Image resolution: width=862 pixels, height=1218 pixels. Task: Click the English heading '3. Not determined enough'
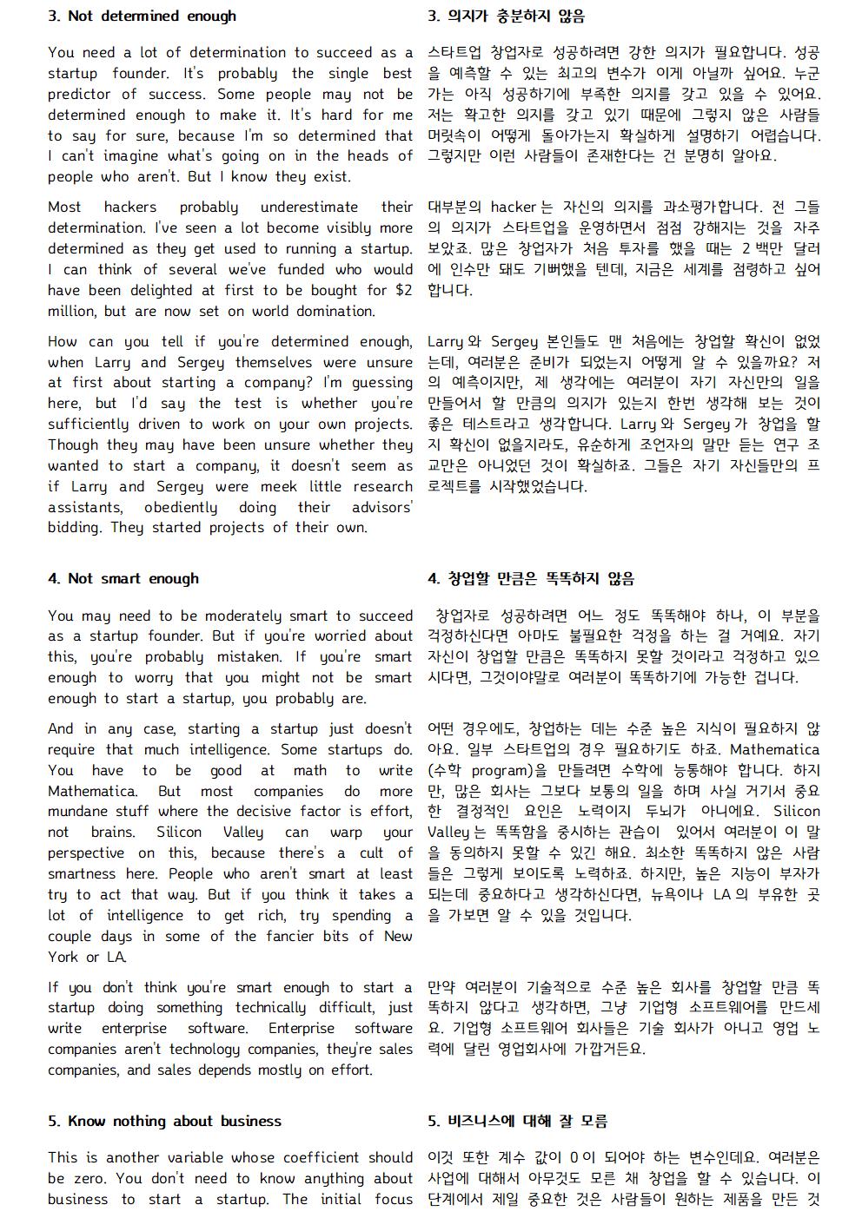pyautogui.click(x=142, y=16)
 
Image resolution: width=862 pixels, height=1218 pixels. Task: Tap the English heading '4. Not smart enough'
pyautogui.click(x=123, y=579)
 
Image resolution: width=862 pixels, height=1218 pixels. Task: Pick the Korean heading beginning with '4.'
pyautogui.click(x=531, y=579)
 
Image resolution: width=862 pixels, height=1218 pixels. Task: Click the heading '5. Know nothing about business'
pyautogui.click(x=164, y=1122)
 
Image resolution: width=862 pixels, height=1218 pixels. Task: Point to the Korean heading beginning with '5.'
pyautogui.click(x=517, y=1122)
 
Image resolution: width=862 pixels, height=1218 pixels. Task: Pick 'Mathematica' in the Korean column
pyautogui.click(x=774, y=750)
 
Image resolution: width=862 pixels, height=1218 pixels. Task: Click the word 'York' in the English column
pyautogui.click(x=63, y=958)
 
